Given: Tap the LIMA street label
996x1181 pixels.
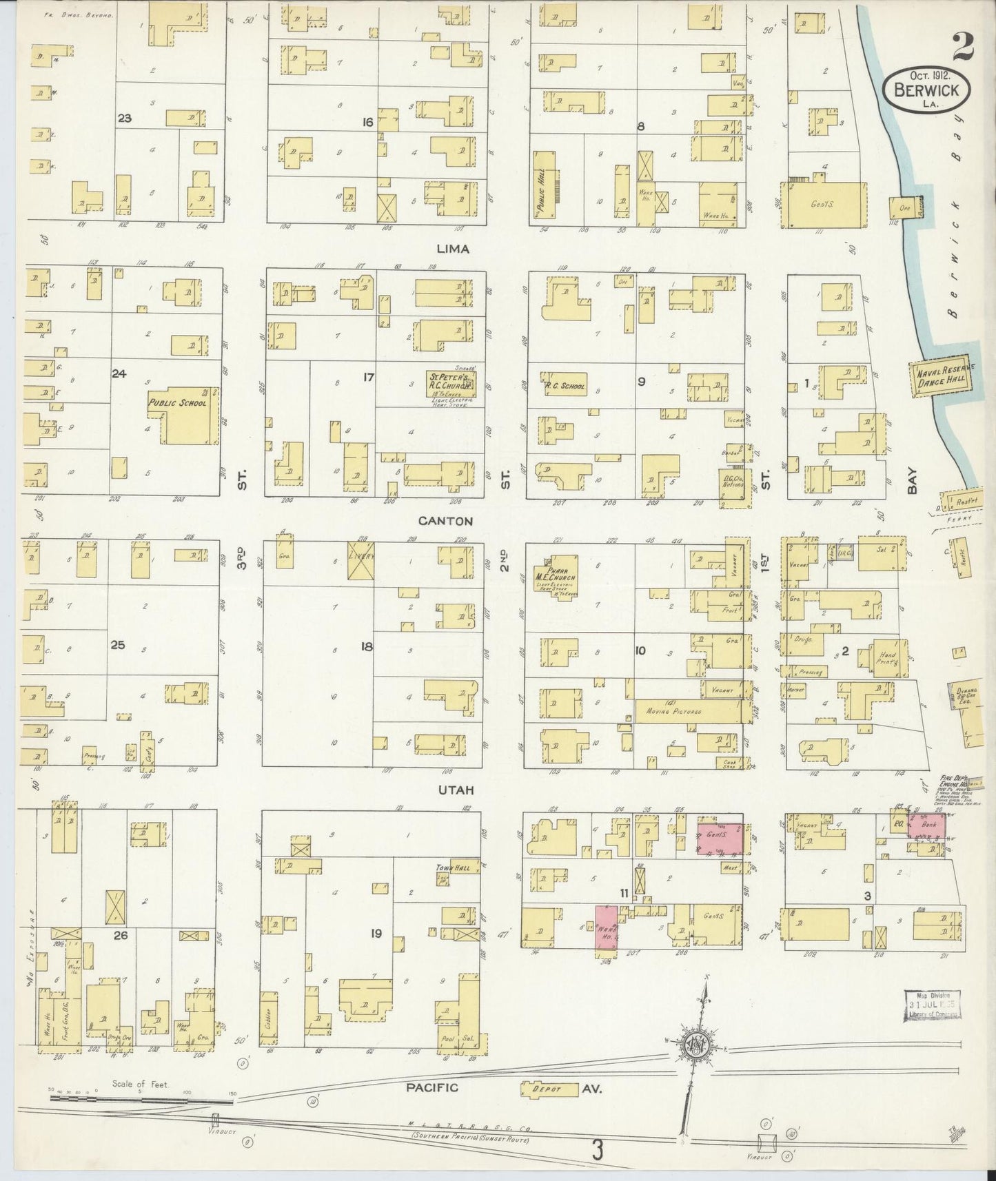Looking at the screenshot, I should [x=452, y=249].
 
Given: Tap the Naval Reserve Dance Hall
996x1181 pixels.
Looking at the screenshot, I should [x=942, y=378].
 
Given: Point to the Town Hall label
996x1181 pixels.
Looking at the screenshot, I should [x=452, y=868].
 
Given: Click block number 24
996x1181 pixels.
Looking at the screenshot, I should [x=119, y=373].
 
